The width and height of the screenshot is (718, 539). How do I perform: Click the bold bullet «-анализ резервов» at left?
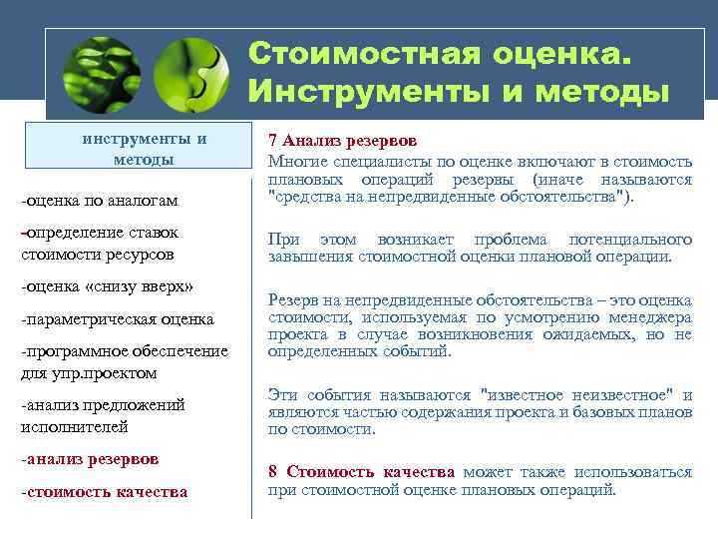click(x=89, y=459)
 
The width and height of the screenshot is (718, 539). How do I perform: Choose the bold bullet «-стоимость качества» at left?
click(x=104, y=491)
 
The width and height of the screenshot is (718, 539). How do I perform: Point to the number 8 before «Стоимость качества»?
click(x=272, y=471)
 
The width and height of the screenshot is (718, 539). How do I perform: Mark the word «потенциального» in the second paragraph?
click(x=629, y=240)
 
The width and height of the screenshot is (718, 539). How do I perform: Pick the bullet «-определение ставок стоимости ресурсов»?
click(x=99, y=244)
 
